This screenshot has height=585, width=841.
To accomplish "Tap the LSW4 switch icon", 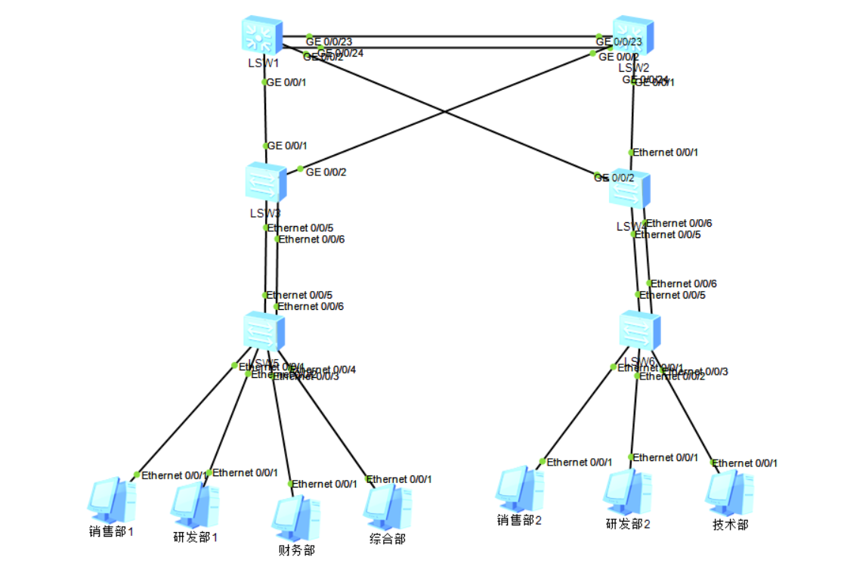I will [629, 189].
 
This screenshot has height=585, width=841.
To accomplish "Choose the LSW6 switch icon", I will [639, 330].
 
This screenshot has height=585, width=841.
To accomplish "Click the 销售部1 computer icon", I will [111, 500].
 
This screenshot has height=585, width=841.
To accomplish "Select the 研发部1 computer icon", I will [195, 504].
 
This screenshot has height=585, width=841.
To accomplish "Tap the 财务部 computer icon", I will [295, 518].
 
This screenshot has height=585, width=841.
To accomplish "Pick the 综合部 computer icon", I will [387, 506].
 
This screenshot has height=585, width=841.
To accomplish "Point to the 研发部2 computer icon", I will [626, 492].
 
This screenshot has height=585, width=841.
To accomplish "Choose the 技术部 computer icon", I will [729, 494].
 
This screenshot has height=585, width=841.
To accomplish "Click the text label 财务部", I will [296, 550].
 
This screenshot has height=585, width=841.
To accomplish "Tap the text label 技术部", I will [730, 525].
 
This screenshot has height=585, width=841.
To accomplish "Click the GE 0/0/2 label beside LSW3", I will [326, 172].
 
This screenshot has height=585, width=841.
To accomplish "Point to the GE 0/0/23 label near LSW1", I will [329, 41].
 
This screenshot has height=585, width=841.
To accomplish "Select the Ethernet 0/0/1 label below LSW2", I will [665, 153].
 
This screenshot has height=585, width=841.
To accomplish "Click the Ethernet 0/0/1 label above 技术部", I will [745, 463].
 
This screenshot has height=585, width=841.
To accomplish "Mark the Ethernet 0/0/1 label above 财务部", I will [324, 484].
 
